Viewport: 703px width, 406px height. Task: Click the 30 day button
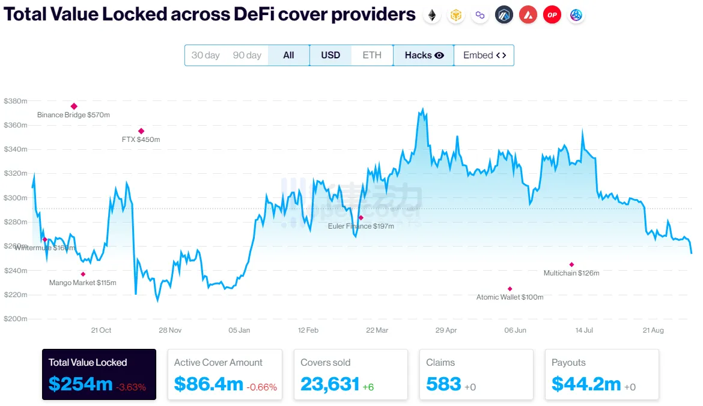205,55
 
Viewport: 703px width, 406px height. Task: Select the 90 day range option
247,55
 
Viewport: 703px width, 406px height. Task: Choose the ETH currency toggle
372,55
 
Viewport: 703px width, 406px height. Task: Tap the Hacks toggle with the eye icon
424,55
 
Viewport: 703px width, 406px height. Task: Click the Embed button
484,55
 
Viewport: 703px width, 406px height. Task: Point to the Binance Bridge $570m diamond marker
74,106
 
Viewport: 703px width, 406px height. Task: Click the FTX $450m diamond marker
141,131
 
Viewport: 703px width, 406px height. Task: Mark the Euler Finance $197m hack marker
361,218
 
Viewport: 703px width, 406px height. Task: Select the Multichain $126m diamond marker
571,265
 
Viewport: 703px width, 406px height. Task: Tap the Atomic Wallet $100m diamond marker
510,289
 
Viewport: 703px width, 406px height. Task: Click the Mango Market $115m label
83,283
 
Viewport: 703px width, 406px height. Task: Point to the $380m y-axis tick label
16,101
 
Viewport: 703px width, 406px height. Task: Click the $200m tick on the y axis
16,319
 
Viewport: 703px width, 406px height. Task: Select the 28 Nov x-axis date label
171,330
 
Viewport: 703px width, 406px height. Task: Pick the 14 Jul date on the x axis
585,330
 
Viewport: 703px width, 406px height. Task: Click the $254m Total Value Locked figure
81,384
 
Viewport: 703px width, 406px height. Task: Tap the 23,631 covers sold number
330,384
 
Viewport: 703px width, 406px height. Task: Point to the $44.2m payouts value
586,384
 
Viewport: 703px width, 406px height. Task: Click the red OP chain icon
552,15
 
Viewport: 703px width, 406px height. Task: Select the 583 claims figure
443,384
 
